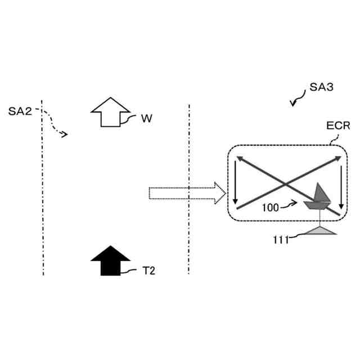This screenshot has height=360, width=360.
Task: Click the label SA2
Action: pos(20,111)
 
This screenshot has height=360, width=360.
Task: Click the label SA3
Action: pos(322,88)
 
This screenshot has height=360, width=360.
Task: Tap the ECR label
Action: pos(338,127)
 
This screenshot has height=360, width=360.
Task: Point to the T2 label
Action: pos(148,271)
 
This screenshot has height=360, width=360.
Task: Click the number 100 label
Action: pos(271,208)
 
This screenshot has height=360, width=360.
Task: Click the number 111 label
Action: pos(281,240)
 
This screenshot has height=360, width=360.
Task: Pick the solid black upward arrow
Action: pos(111,261)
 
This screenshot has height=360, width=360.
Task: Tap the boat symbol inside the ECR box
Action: pos(317,200)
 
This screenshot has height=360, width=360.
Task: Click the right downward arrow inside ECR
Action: pos(342,185)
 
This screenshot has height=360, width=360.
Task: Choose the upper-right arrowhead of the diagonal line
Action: pos(340,159)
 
